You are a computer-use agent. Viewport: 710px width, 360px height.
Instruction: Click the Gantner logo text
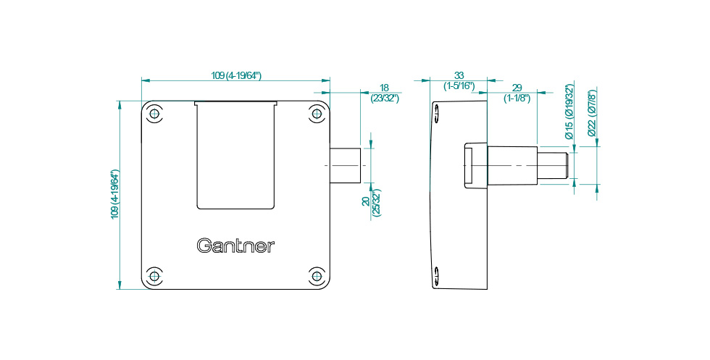[x=236, y=246]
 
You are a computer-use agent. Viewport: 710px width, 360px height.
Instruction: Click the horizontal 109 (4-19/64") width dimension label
[x=236, y=75]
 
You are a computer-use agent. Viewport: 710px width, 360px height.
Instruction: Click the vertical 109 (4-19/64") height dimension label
[x=114, y=194]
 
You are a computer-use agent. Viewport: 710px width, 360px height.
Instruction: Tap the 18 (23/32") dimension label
[x=384, y=92]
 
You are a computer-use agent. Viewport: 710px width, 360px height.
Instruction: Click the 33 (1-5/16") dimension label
[x=459, y=80]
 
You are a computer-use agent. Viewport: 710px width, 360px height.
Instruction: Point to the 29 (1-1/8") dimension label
[x=517, y=92]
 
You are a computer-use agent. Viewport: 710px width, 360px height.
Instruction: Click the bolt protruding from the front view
[x=346, y=166]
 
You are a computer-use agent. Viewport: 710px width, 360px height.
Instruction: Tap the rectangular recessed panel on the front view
[x=236, y=156]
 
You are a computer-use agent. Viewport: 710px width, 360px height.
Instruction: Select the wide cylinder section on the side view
[x=512, y=166]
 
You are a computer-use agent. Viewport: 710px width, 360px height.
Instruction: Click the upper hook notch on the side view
[x=439, y=115]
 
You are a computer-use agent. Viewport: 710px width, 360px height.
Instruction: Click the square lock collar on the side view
[x=475, y=166]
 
